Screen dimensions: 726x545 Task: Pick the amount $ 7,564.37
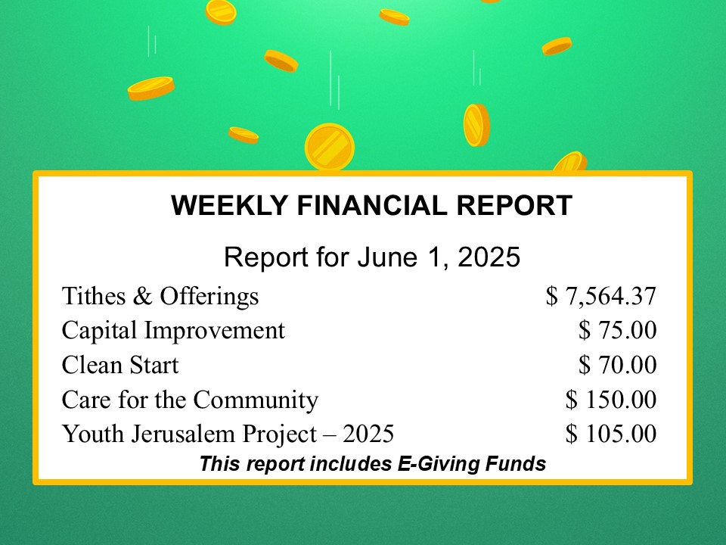(601, 296)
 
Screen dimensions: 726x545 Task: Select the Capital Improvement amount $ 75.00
(617, 330)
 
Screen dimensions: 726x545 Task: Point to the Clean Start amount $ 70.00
(617, 364)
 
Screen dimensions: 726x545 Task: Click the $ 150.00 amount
(611, 399)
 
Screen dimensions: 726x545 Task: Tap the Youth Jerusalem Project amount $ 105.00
(611, 433)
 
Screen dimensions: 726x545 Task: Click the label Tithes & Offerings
(160, 297)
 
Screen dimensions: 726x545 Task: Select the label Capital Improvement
(173, 331)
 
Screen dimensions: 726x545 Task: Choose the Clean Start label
(120, 365)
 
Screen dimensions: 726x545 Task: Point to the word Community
(256, 400)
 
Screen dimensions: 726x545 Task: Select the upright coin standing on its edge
(476, 125)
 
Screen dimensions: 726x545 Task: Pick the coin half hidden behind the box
(570, 161)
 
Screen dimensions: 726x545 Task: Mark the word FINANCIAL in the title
(372, 205)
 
